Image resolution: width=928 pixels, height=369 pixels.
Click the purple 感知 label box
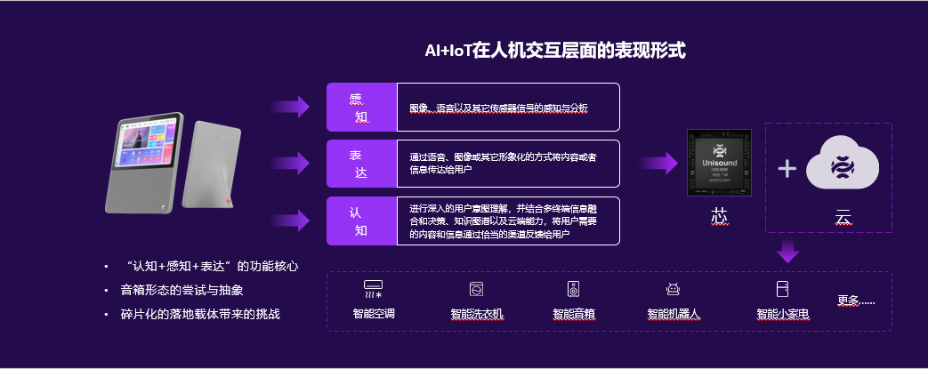pos(361,107)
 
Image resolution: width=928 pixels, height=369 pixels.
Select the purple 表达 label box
pos(361,164)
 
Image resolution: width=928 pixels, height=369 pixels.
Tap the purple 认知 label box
pos(361,221)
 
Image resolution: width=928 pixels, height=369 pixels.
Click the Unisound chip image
pos(718,164)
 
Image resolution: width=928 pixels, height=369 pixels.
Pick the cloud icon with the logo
pos(841,166)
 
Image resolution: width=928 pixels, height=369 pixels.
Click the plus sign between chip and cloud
pos(787,168)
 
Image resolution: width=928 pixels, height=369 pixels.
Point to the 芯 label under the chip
pos(719,216)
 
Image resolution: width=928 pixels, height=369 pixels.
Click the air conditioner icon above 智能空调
pos(373,290)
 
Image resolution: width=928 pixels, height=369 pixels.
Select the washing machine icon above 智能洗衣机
pos(476,289)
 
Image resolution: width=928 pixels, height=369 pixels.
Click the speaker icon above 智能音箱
pos(573,289)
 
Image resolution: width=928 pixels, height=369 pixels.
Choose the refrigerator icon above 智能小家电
pos(782,289)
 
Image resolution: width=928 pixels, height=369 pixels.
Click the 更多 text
pos(856,300)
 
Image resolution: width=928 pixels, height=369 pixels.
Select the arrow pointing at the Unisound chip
pos(659,163)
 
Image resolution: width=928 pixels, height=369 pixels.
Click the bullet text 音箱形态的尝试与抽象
pos(182,290)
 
